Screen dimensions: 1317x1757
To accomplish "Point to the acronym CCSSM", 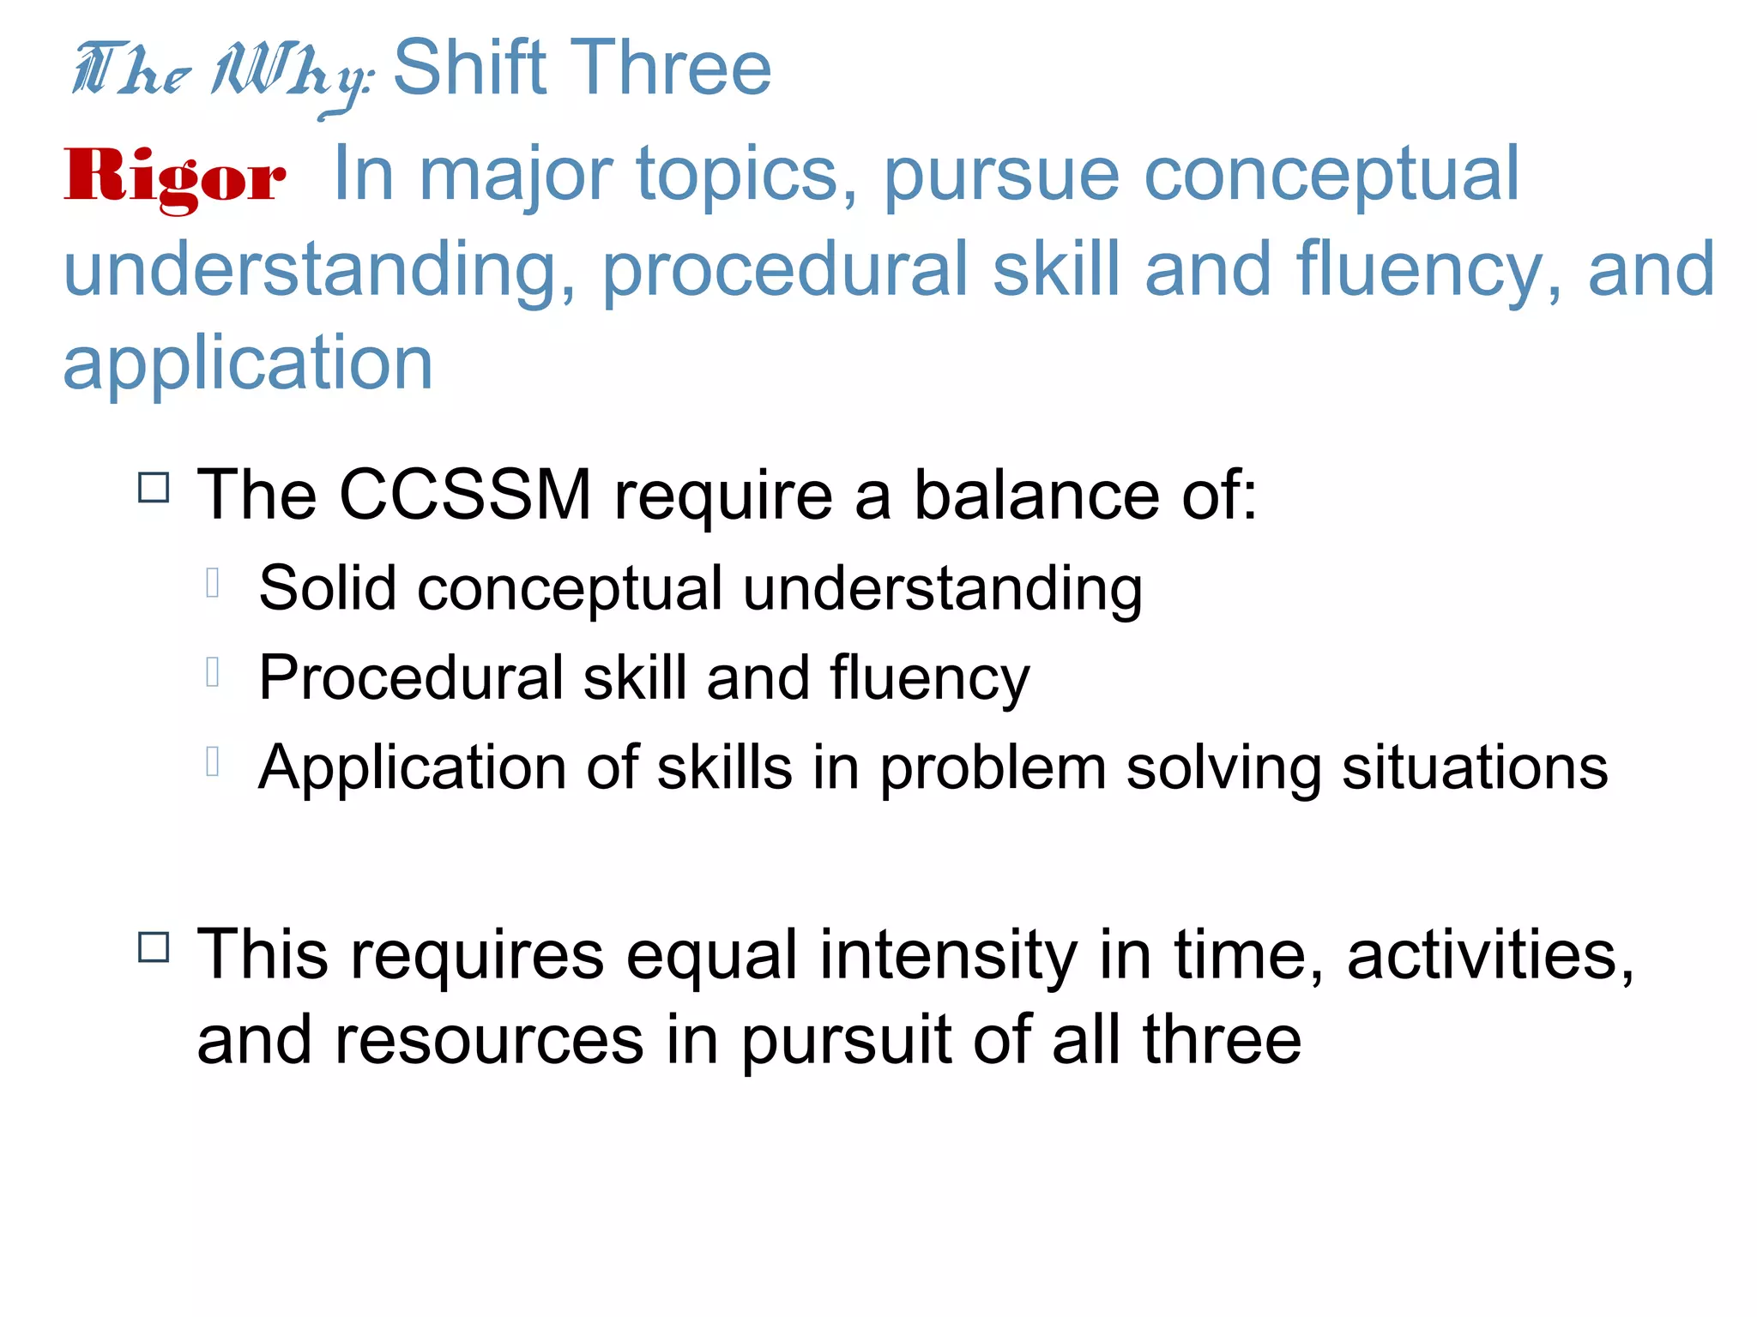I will [x=465, y=496].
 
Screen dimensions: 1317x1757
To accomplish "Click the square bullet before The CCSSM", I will [x=154, y=488].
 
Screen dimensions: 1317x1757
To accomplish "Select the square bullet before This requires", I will [x=154, y=948].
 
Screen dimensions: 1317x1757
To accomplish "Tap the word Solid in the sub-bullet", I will [x=328, y=589].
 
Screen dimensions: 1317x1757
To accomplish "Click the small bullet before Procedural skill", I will [x=214, y=673].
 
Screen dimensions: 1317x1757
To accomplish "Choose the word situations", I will [x=1474, y=767].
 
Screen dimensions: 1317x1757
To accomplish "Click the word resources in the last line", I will [x=489, y=1041].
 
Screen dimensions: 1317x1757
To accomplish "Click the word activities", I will [x=1489, y=956].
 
